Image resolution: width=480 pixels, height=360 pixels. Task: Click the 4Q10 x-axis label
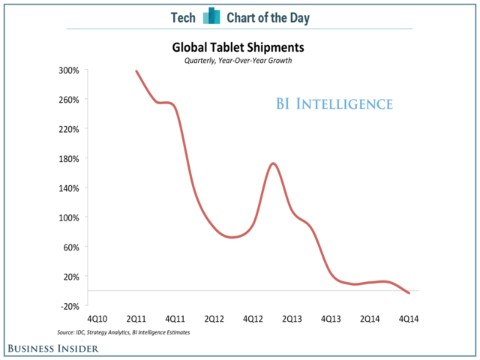pos(97,319)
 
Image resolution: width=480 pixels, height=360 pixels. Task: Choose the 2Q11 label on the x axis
pos(136,319)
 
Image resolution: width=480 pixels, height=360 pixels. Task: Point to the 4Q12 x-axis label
pos(253,319)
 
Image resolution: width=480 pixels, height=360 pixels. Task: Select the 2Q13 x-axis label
pos(291,319)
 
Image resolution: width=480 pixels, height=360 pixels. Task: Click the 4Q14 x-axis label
pos(408,319)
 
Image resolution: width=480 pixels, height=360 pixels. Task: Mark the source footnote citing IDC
pos(123,331)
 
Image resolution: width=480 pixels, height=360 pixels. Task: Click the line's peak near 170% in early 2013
pos(273,163)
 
